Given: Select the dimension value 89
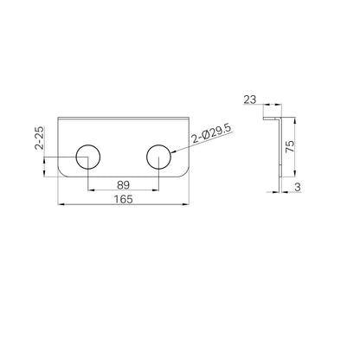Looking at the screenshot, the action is click(124, 185).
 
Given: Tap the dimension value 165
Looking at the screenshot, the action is click(124, 199).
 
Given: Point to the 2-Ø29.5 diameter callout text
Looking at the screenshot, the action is click(212, 134).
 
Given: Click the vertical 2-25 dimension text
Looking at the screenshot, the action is click(39, 138).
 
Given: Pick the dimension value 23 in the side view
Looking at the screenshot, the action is click(250, 100).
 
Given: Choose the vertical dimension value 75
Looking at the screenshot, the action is click(290, 146).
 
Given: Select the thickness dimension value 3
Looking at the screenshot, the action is click(298, 187).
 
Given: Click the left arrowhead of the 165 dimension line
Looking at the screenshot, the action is click(61, 204).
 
